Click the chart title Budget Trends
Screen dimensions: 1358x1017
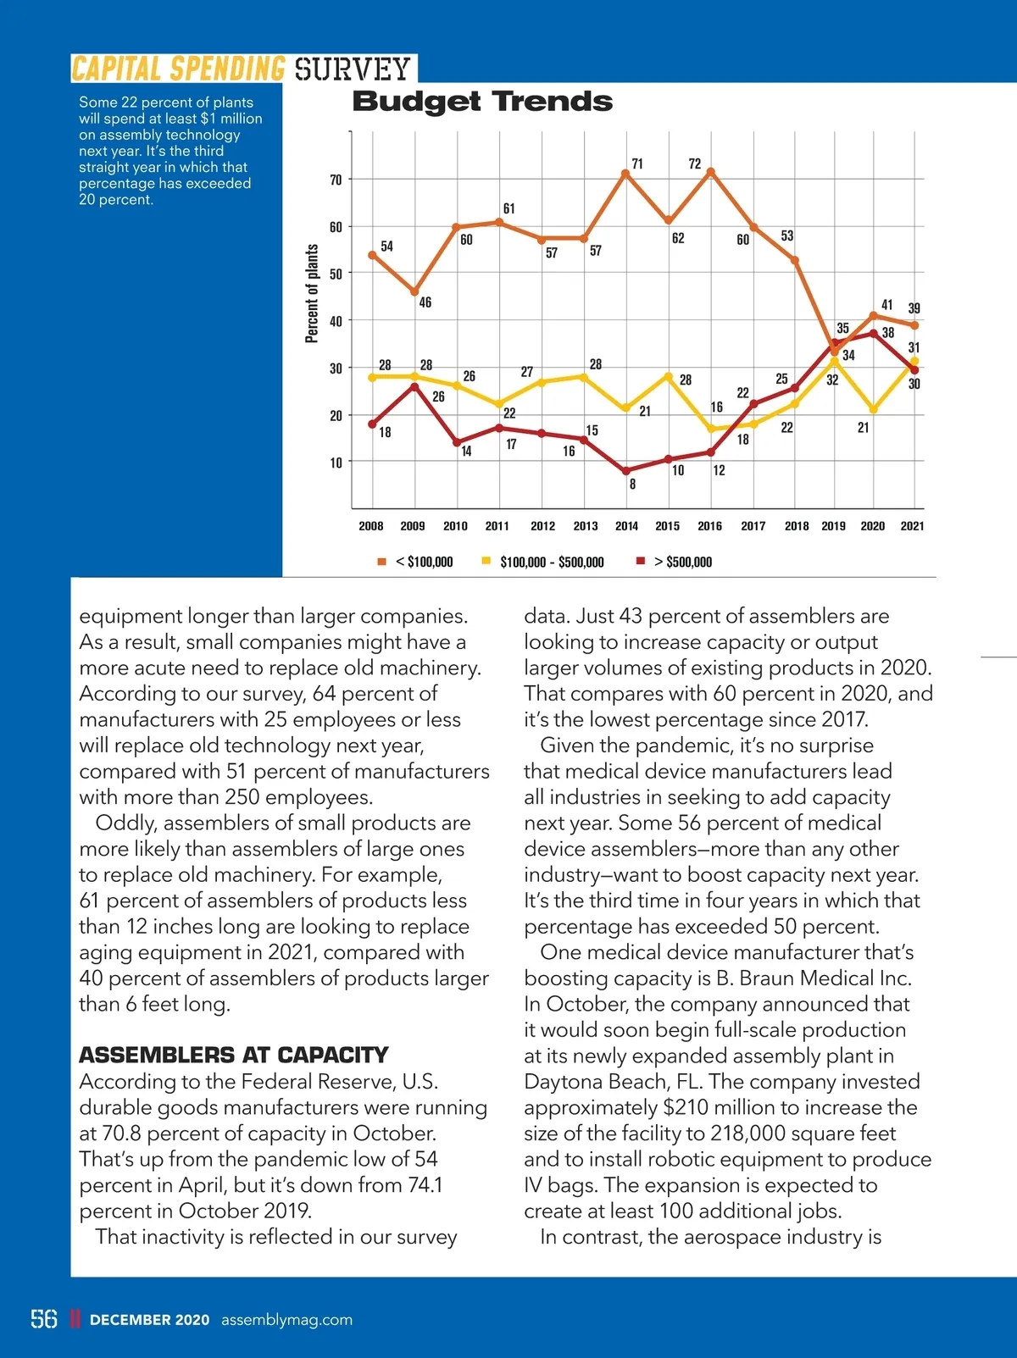(x=481, y=102)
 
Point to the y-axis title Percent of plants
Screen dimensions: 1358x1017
(x=312, y=293)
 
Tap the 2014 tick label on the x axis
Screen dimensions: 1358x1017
(x=626, y=526)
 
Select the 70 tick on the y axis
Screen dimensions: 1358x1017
(x=336, y=180)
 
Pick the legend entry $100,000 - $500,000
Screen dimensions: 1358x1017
(x=551, y=562)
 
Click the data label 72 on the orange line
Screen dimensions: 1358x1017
(x=695, y=164)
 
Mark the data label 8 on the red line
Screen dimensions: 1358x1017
(x=632, y=485)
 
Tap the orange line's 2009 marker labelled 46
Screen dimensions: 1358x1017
(x=415, y=292)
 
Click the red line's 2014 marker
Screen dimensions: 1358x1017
(x=626, y=471)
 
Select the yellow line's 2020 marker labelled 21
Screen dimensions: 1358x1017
(x=874, y=410)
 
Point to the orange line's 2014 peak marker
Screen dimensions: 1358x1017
(x=625, y=174)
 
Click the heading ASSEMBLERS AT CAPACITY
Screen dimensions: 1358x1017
(x=233, y=1056)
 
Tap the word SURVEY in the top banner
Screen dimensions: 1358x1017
(x=353, y=69)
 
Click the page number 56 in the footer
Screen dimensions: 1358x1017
(x=44, y=1319)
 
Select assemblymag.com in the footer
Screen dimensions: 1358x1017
(x=286, y=1320)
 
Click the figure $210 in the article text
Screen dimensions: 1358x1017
(x=686, y=1108)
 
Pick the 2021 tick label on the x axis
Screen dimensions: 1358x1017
(x=912, y=526)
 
